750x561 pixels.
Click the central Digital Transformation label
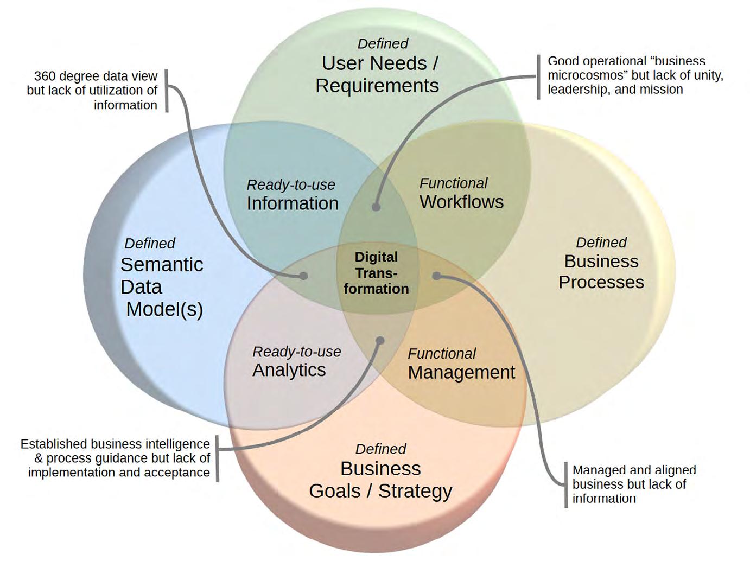376,273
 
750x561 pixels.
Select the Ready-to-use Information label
292,195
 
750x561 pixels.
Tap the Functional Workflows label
461,194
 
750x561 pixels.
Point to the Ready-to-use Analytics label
296,362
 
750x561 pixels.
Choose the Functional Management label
461,364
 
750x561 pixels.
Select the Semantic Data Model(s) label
162,286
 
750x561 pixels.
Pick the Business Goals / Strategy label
380,480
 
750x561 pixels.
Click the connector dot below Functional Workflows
376,206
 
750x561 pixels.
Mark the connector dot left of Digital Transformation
304,276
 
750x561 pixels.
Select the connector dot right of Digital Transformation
436,276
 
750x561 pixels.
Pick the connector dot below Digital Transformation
380,341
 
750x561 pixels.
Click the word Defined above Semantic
150,244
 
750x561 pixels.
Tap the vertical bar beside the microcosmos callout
538,76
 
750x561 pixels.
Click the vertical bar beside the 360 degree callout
166,91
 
